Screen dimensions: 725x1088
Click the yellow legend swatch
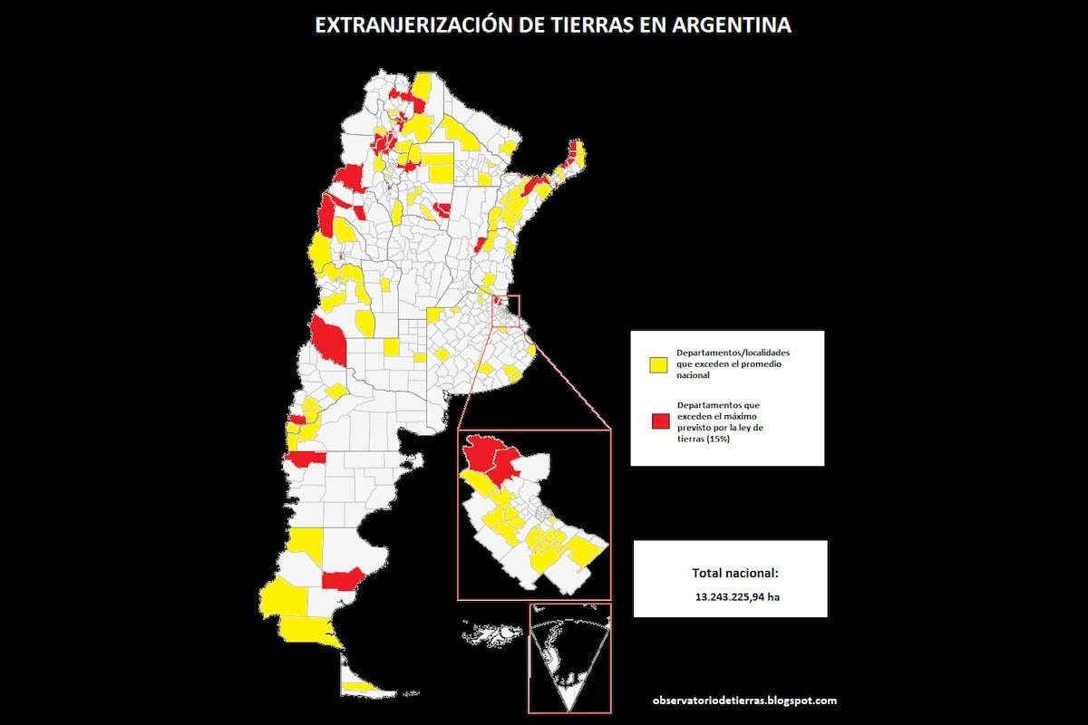[x=658, y=364]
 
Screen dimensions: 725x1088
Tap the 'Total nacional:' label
[x=735, y=573]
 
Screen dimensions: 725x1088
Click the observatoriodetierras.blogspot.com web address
[x=744, y=701]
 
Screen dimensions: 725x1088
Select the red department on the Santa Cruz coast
[x=345, y=578]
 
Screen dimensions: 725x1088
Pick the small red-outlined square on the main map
[x=506, y=311]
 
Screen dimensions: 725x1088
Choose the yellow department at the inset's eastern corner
[x=588, y=549]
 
